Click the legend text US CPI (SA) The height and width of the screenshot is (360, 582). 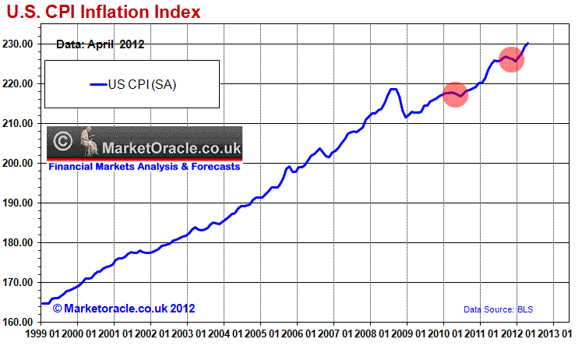pos(142,85)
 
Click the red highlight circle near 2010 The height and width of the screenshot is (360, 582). pos(454,95)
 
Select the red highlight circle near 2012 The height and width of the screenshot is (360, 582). pos(511,59)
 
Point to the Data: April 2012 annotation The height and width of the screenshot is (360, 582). pos(101,44)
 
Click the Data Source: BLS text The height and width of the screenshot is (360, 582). pos(499,309)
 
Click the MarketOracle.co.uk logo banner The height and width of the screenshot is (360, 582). pos(144,144)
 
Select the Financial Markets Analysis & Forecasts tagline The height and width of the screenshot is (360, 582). pos(144,166)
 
